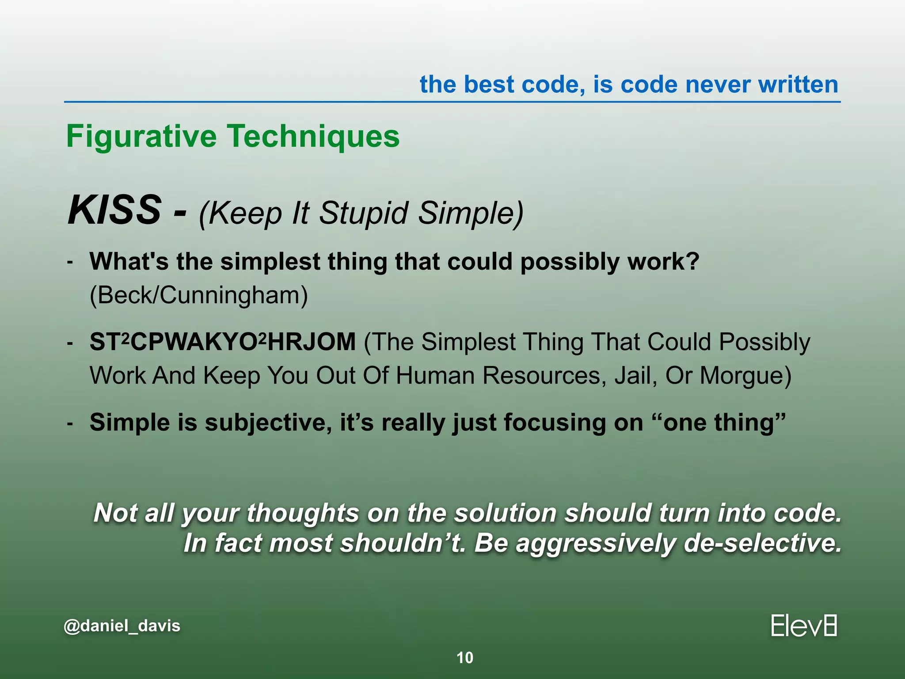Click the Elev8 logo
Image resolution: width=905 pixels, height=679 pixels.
coord(803,626)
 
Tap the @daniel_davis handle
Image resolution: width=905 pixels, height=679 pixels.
coord(122,626)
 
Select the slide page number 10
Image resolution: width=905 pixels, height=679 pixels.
coord(464,658)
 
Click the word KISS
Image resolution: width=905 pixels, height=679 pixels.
coord(114,210)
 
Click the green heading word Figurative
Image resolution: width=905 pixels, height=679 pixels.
coord(141,136)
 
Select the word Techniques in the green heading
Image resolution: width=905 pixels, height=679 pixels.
coord(313,136)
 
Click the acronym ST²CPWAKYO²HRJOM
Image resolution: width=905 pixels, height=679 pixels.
coord(222,342)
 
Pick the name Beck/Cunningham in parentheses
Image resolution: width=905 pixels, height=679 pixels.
coord(198,295)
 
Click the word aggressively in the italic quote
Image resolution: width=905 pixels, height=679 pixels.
coord(596,543)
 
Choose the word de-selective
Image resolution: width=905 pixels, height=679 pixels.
coord(762,543)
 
